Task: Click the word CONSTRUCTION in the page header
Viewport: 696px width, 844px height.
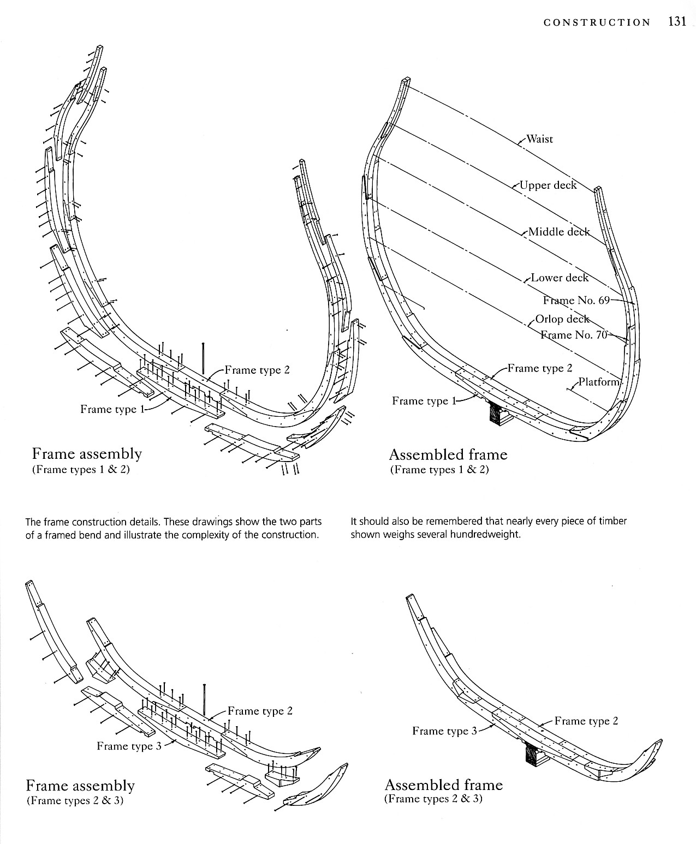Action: (597, 22)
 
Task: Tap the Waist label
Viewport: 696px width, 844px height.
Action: (539, 139)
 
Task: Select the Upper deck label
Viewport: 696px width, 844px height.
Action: (548, 185)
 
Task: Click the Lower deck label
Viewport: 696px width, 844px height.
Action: (560, 278)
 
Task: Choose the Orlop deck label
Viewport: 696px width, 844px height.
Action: (562, 319)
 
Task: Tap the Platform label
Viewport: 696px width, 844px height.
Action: (599, 382)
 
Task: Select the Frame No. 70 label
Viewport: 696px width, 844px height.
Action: (574, 335)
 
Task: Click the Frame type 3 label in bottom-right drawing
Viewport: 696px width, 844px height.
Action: (444, 731)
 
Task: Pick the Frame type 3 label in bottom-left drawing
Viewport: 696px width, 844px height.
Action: (129, 746)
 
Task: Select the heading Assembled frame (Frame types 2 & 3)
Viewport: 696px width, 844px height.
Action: (443, 785)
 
